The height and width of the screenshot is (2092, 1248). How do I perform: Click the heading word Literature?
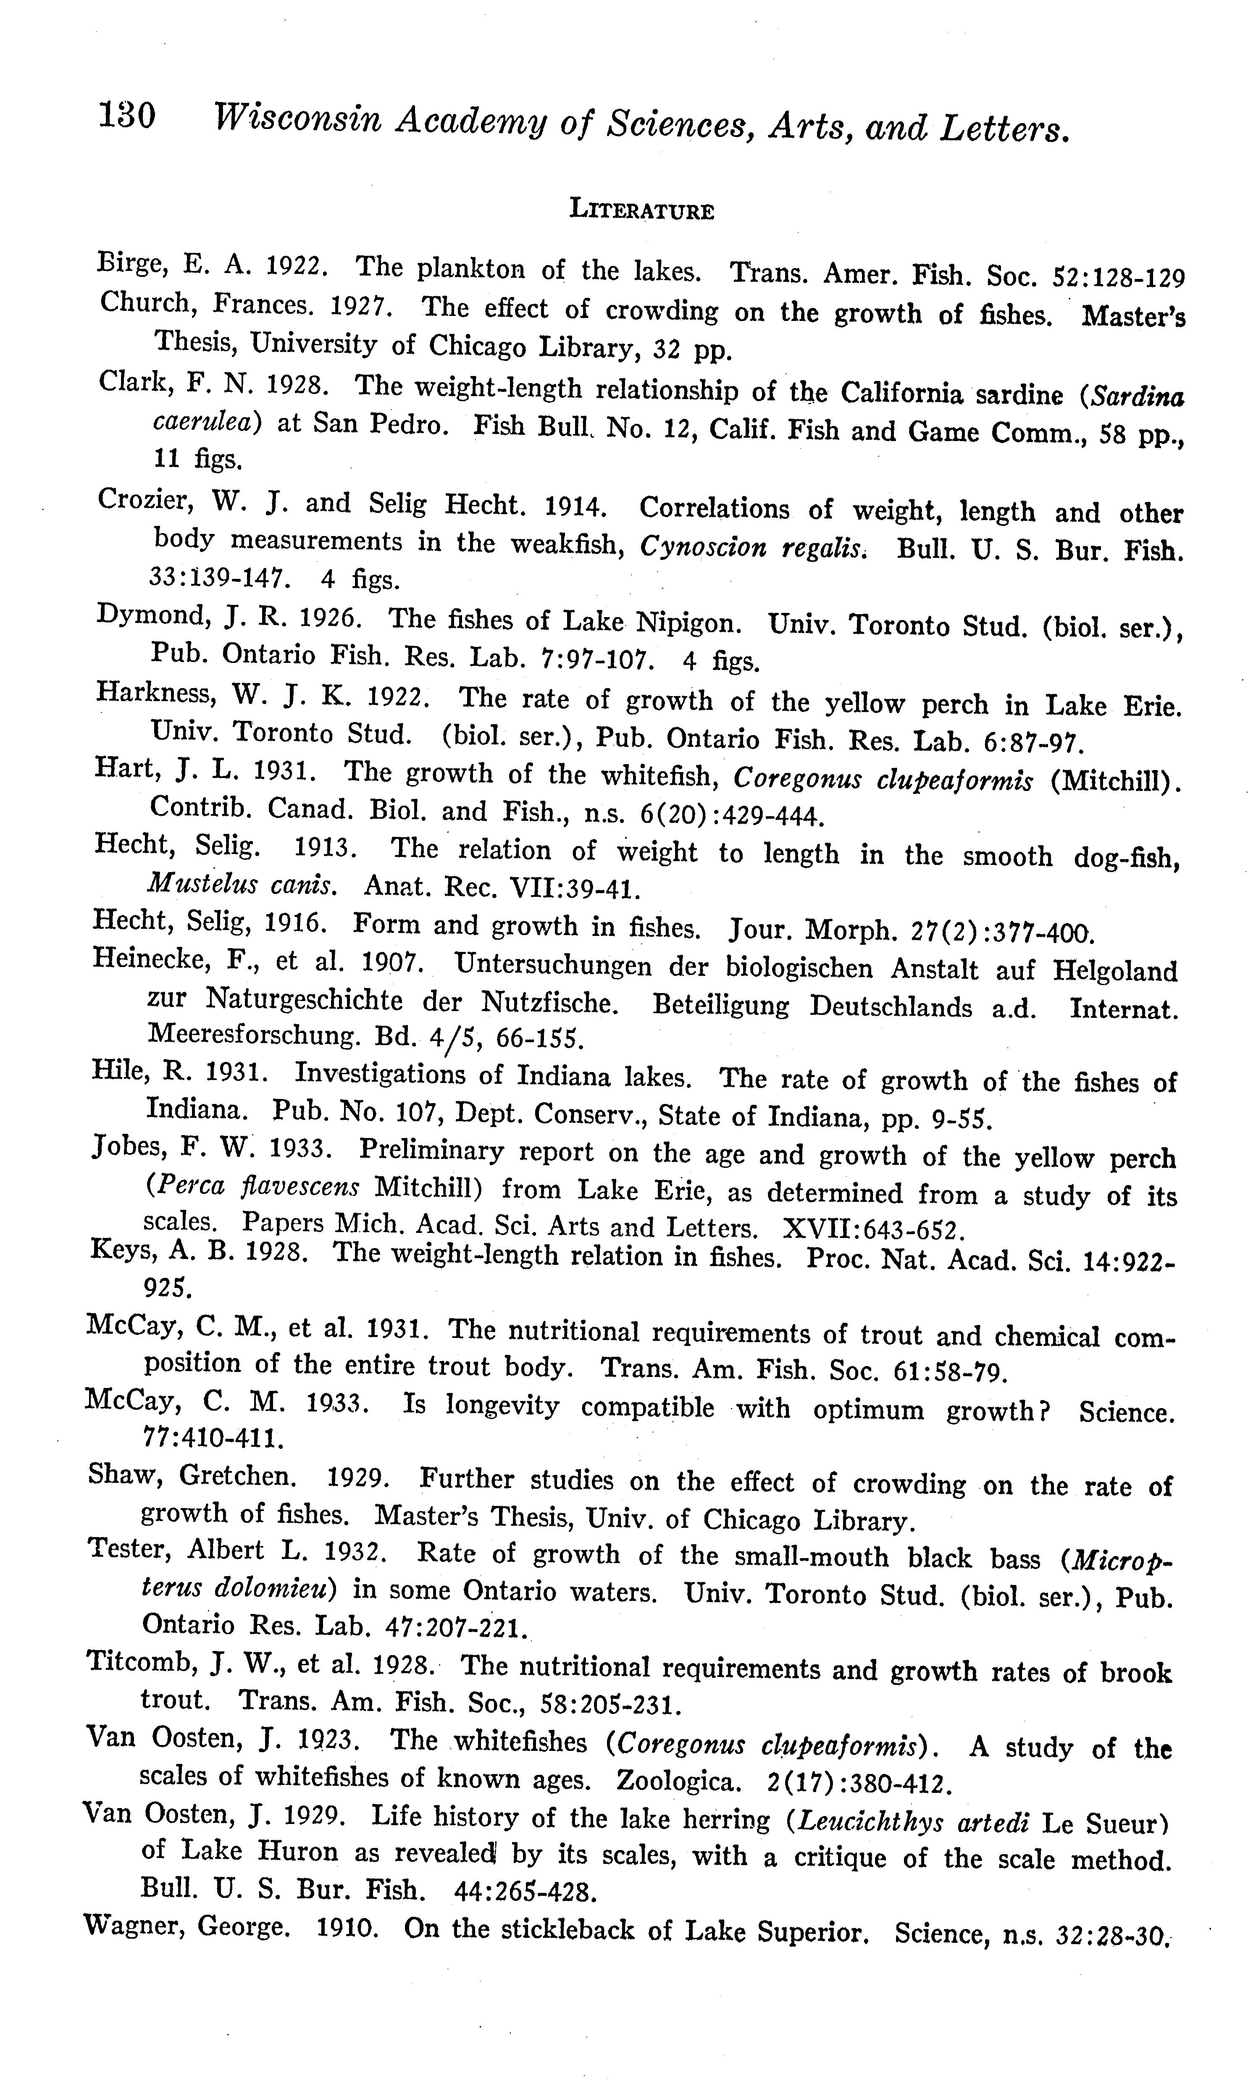[x=642, y=210]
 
